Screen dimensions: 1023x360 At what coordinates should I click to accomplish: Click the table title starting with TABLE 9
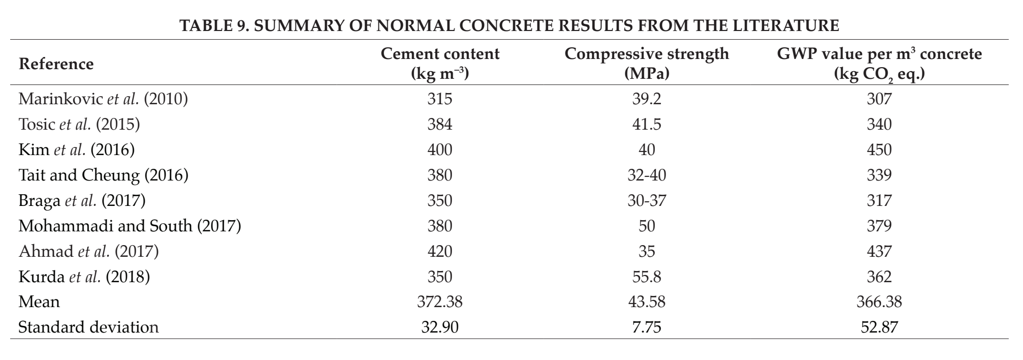(x=510, y=25)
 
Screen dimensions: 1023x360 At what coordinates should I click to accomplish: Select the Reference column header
(x=56, y=64)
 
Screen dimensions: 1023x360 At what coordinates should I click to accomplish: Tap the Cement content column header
(x=440, y=64)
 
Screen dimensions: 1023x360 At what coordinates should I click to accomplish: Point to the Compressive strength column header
(x=647, y=64)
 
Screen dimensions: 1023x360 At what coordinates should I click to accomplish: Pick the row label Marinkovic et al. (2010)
(x=103, y=99)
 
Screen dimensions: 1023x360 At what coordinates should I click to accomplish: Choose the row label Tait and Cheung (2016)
(x=103, y=175)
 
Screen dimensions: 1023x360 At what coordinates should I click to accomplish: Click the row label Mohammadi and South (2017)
(x=130, y=226)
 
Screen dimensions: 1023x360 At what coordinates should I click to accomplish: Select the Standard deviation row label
(x=88, y=327)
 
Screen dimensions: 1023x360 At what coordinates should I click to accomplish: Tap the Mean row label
(x=39, y=302)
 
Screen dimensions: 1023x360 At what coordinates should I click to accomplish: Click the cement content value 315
(x=440, y=99)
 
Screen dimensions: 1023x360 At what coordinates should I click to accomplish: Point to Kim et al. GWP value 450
(x=879, y=149)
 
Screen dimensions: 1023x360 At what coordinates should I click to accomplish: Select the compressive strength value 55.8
(x=647, y=277)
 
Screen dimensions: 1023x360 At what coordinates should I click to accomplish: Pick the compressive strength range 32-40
(x=647, y=175)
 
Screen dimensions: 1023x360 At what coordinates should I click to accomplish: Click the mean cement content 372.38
(x=440, y=302)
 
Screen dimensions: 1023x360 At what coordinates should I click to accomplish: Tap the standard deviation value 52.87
(x=879, y=327)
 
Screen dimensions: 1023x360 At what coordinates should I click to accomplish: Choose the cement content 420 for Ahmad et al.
(x=440, y=251)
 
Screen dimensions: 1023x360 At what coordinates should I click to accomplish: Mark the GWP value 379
(x=879, y=226)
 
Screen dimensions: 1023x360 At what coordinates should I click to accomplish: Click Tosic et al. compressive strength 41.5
(x=647, y=124)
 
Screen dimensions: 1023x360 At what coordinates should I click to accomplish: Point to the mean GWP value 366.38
(x=879, y=302)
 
